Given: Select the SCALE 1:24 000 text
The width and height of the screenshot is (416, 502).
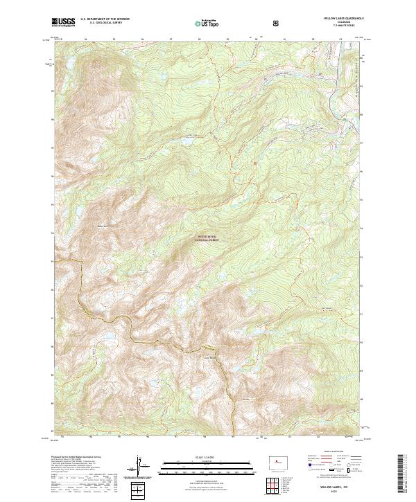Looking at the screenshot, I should [x=207, y=457].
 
